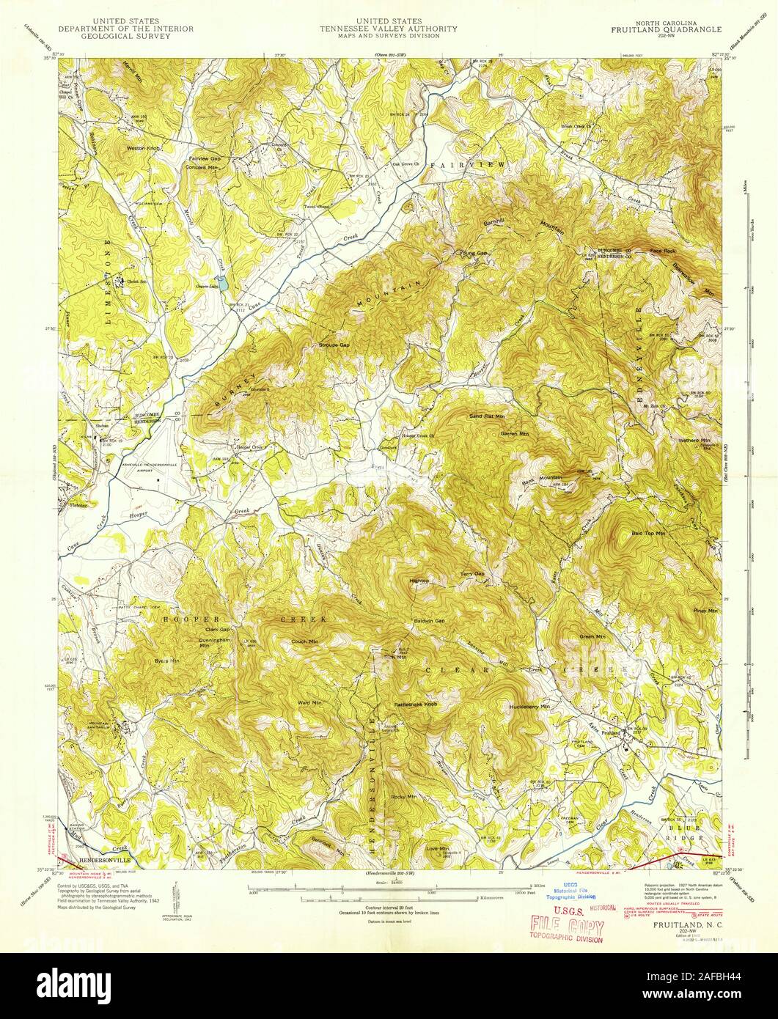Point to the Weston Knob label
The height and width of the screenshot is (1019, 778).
(143, 148)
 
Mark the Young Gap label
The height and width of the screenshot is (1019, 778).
(473, 254)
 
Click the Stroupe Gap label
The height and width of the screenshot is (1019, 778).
(334, 345)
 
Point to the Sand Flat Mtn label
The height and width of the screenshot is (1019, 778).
(487, 416)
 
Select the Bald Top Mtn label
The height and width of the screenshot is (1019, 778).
(648, 534)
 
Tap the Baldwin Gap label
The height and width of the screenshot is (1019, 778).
(430, 621)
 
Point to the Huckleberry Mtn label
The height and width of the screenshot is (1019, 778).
(529, 707)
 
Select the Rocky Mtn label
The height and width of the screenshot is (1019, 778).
(404, 796)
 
